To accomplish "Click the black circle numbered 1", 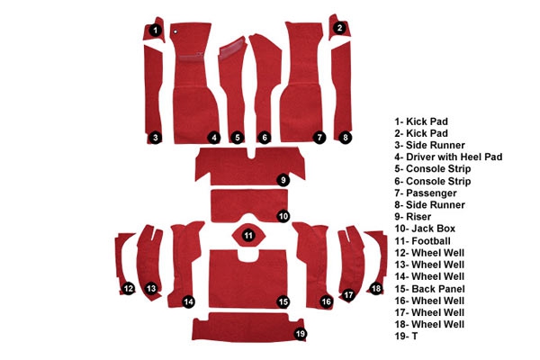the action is pos(156,31).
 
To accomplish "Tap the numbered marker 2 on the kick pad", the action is pos(339,28).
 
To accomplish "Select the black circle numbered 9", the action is pos(283,180).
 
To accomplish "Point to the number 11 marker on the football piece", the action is pos(248,236).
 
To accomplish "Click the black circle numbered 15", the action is pos(283,302).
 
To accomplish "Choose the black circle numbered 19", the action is pos(301,334).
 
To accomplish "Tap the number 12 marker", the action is pos(129,288).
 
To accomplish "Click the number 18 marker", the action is pos(376,288).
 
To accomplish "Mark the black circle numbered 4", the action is pos(214,138).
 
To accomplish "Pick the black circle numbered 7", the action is pos(319,138).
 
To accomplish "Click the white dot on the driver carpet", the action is pos(175,31).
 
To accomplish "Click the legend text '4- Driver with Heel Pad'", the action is pos(448,157).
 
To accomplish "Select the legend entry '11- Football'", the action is pos(423,241).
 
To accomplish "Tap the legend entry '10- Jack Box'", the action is pos(425,229).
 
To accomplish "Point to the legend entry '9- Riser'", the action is pos(413,217).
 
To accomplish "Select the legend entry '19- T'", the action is pos(407,336).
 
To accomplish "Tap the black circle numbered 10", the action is pos(283,216).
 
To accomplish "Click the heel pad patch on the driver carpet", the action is pos(191,57).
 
